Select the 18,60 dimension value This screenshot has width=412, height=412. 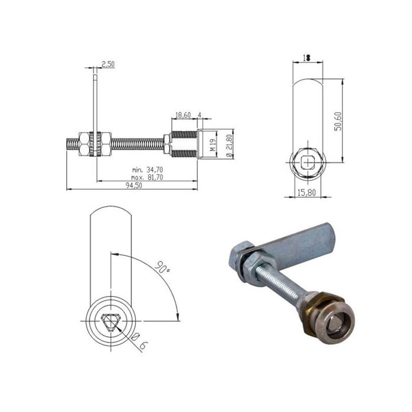point(182,115)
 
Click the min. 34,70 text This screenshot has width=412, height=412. point(147,170)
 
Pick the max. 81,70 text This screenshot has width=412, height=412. point(147,177)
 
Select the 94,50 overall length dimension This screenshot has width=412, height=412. point(135,186)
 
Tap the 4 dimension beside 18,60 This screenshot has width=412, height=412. point(200,115)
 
